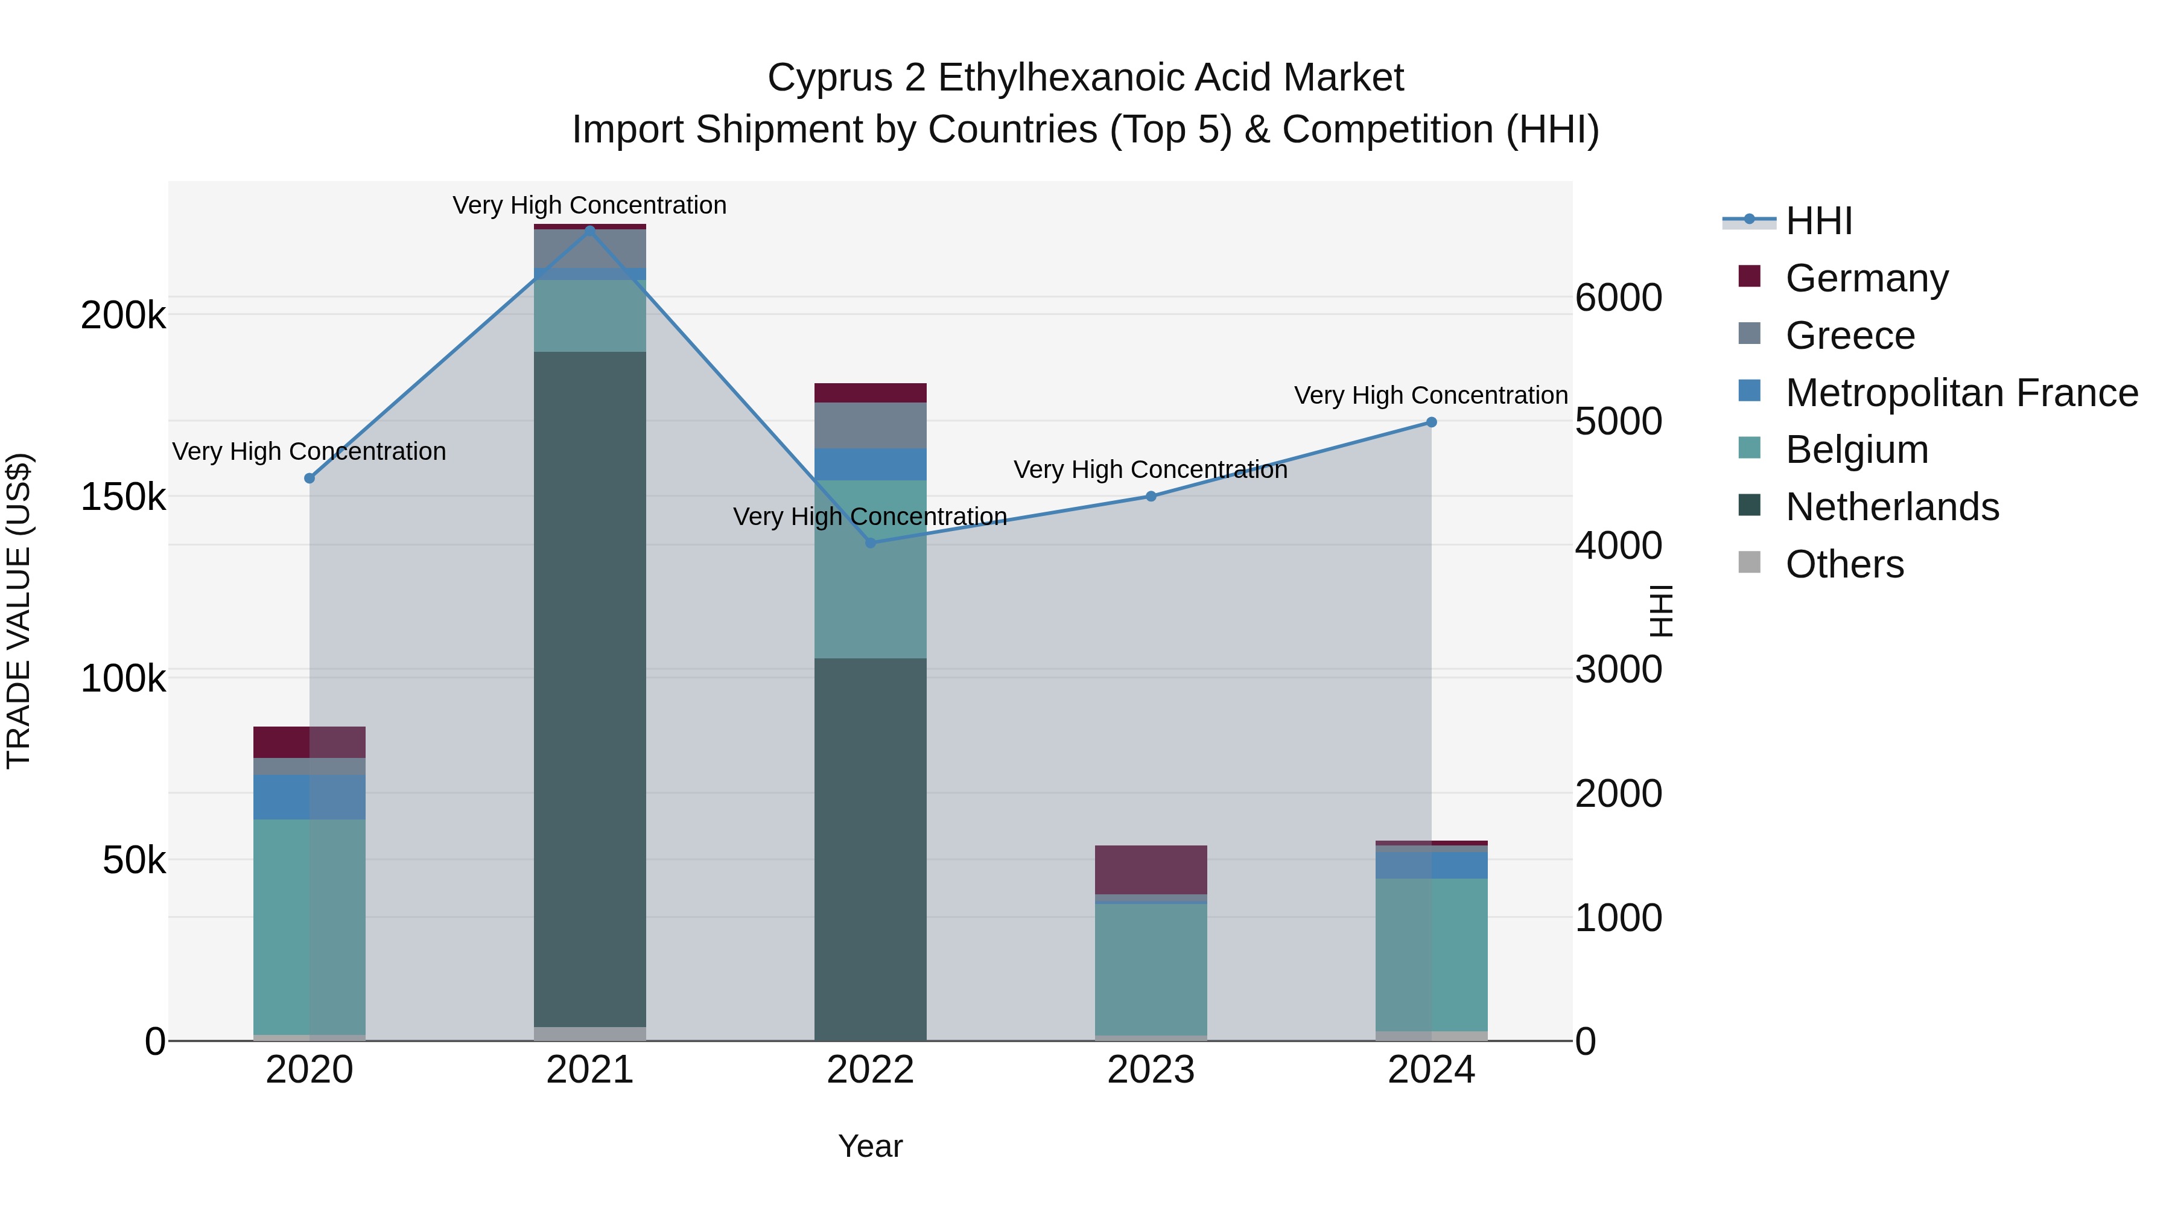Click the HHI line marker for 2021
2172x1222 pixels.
tap(589, 231)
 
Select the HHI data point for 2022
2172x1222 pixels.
tap(870, 543)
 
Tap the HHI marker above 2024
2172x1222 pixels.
tap(1431, 422)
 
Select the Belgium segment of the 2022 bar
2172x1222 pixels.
tap(870, 569)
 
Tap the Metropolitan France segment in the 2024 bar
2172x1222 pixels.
tap(1431, 865)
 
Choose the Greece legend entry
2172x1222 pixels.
tap(1849, 336)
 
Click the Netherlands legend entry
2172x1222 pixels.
tap(1891, 507)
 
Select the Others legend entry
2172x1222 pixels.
tap(1844, 564)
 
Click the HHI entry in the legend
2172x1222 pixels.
tap(1818, 221)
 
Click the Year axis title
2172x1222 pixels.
tap(870, 1146)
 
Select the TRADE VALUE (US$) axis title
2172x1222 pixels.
tap(19, 611)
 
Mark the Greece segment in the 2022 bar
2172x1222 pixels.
tap(870, 425)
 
